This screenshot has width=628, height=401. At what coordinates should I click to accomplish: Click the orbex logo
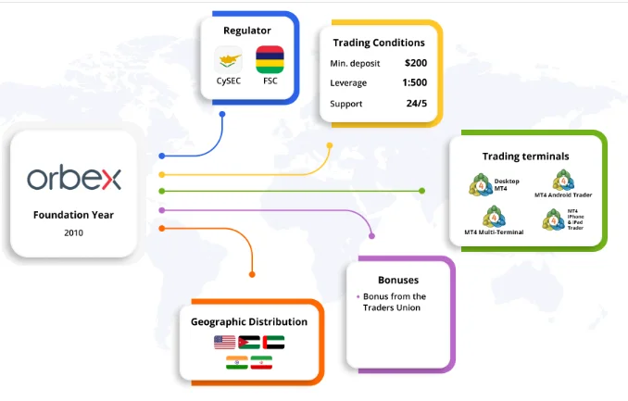74,177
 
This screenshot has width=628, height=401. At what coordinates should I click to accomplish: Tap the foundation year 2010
74,232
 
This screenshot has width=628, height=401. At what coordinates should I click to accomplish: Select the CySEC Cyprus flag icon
228,59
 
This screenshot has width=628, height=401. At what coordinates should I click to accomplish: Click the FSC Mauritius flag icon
270,59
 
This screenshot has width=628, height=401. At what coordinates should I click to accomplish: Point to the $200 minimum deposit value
416,63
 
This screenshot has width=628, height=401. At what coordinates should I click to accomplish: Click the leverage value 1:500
415,82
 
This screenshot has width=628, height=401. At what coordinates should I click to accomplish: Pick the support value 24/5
417,104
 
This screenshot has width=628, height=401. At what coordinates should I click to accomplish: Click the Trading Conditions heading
379,43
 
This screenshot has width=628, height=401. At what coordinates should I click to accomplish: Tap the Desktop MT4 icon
481,184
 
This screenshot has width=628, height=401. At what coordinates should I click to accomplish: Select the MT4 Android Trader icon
563,180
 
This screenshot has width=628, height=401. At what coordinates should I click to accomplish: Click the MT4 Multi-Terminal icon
494,217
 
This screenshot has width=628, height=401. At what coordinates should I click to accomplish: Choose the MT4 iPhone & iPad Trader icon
553,219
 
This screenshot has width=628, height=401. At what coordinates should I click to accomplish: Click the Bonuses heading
398,280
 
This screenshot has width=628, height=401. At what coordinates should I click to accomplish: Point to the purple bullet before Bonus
358,297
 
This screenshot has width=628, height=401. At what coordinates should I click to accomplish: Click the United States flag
225,343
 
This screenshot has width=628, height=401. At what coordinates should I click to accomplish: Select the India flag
237,362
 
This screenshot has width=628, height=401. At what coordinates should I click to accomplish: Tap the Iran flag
261,362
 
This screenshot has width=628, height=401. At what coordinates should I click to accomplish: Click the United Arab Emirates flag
273,343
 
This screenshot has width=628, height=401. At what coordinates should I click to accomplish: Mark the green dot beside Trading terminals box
421,191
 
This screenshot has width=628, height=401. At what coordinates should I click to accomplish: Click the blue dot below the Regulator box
222,114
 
